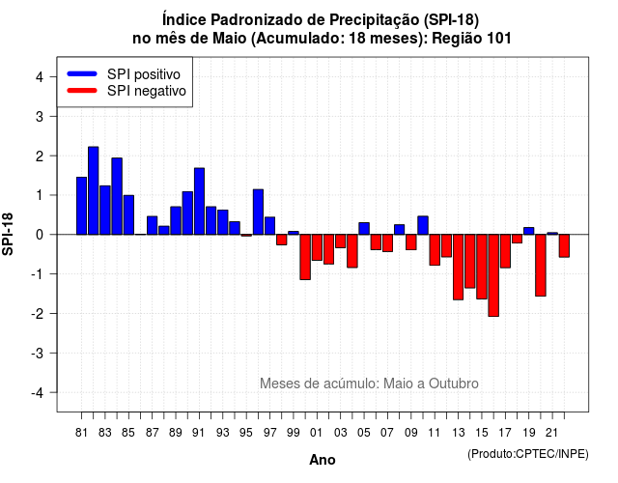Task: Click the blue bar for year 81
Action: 81,206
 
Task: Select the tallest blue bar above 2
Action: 94,190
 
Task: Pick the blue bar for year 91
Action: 200,201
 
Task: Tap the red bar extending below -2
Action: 493,275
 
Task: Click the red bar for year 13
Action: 459,267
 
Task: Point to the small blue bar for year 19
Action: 529,231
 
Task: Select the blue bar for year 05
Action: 364,229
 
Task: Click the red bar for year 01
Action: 317,247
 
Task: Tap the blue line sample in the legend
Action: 82,73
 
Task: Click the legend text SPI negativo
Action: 146,91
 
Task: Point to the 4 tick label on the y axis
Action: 40,77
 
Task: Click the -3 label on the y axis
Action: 38,353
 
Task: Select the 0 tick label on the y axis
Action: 40,235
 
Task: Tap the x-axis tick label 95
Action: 246,433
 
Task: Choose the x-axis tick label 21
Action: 552,433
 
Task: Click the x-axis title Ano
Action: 323,460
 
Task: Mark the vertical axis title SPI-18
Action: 8,234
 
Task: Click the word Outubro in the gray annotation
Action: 454,384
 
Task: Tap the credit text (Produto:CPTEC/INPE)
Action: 528,454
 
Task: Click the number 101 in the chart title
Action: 499,39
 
